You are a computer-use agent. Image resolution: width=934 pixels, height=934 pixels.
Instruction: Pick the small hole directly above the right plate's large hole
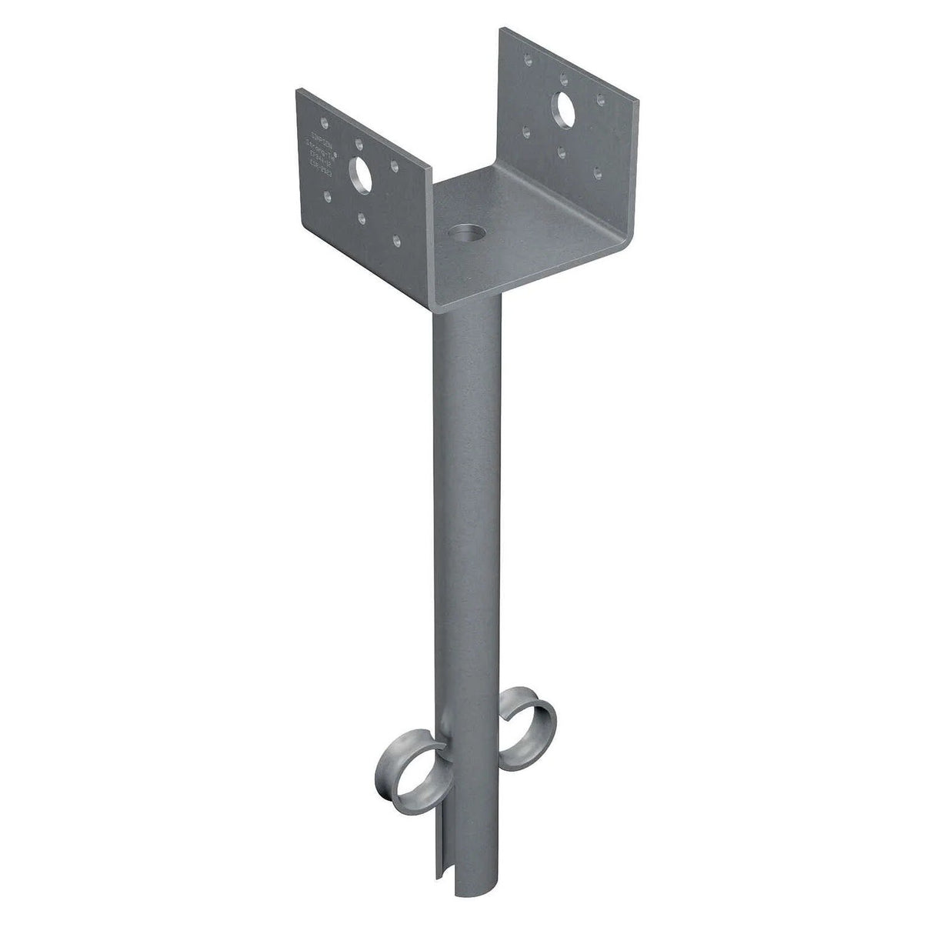pos(565,76)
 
